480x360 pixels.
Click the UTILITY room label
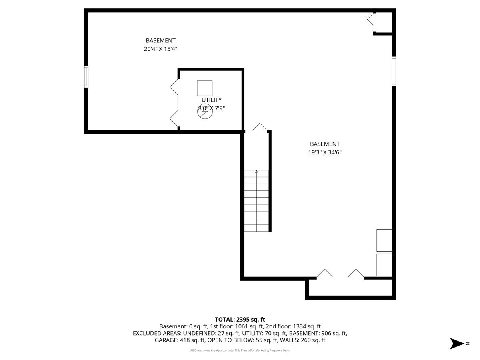pyautogui.click(x=212, y=100)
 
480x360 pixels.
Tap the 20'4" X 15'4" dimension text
pyautogui.click(x=160, y=49)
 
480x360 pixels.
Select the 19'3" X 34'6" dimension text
pyautogui.click(x=325, y=152)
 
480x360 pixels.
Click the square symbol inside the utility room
pyautogui.click(x=204, y=88)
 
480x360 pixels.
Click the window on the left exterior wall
pyautogui.click(x=86, y=77)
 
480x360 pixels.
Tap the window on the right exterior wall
pyautogui.click(x=394, y=71)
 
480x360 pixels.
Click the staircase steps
pyautogui.click(x=256, y=201)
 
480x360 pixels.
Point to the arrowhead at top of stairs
pyautogui.click(x=256, y=172)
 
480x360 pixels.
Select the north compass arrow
pyautogui.click(x=457, y=343)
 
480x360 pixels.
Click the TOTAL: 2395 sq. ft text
pyautogui.click(x=240, y=320)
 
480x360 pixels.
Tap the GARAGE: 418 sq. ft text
pyautogui.click(x=180, y=340)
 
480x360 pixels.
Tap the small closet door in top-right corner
pyautogui.click(x=371, y=19)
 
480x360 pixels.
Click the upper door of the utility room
pyautogui.click(x=174, y=87)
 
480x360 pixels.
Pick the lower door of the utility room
pyautogui.click(x=174, y=119)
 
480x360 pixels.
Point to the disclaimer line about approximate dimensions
pyautogui.click(x=240, y=350)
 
